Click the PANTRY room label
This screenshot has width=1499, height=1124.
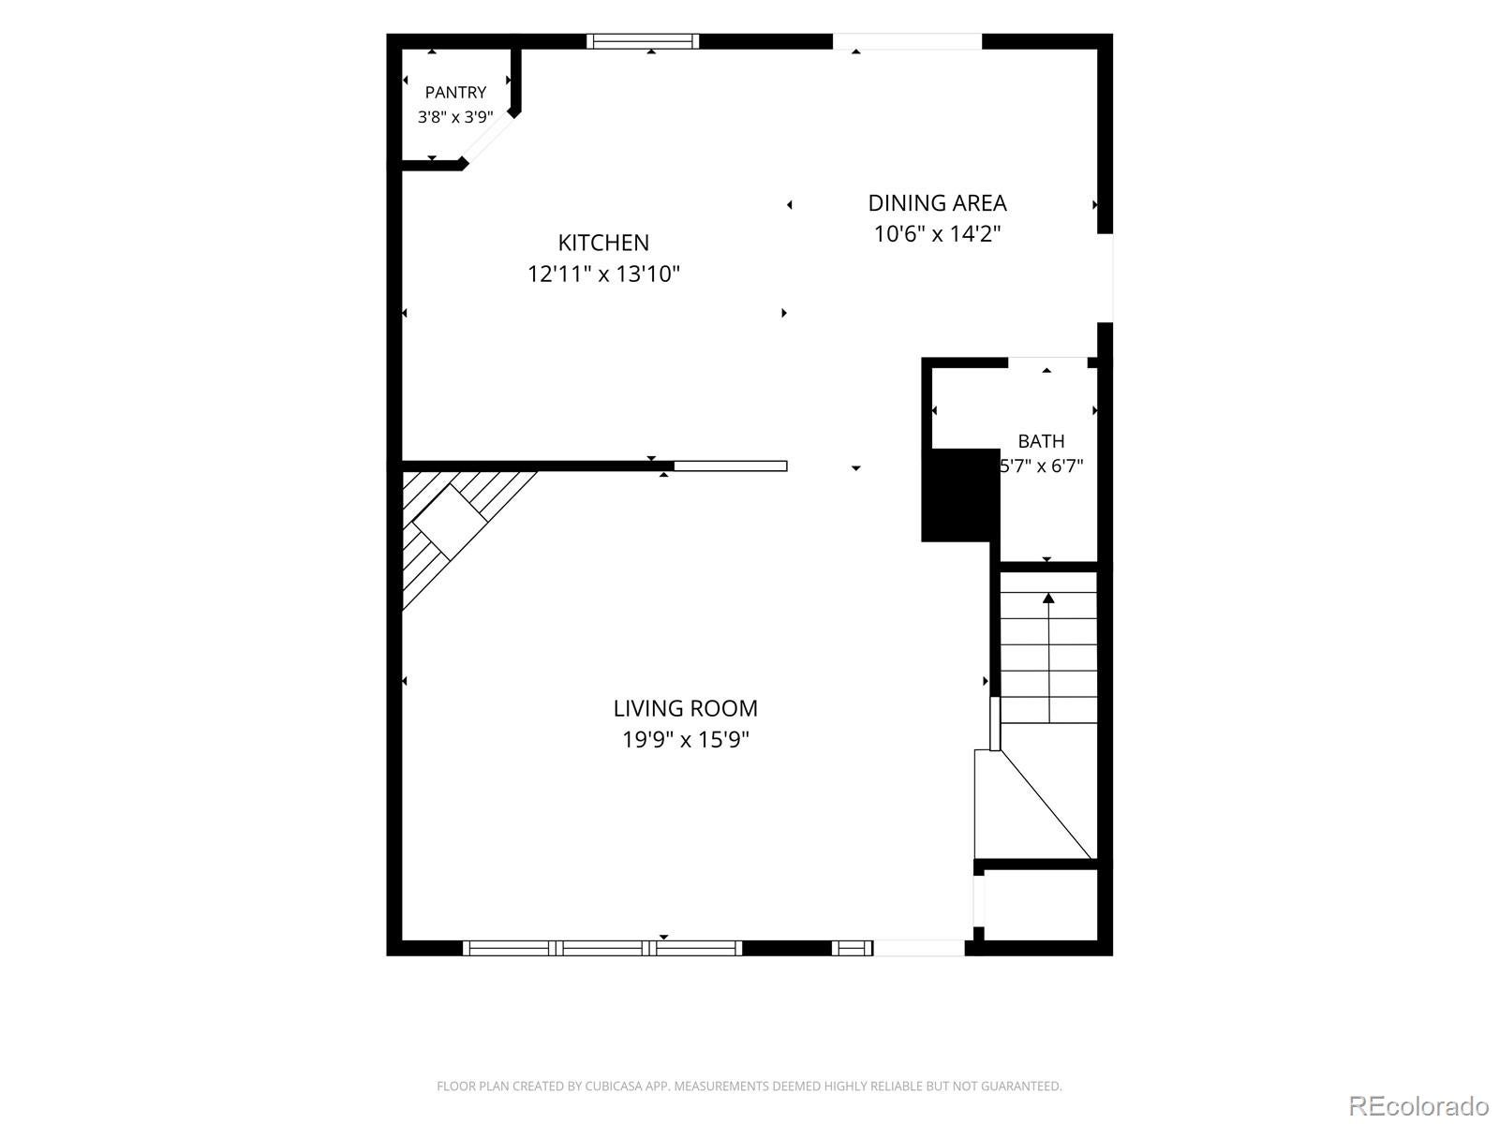455,92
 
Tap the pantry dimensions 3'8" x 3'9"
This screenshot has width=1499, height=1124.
455,117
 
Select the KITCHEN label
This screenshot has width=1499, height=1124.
603,243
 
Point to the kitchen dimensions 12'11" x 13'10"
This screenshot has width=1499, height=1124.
603,274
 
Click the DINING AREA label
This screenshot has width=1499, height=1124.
937,203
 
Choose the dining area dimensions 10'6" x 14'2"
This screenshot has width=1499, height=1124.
937,234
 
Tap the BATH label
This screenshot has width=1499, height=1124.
1041,441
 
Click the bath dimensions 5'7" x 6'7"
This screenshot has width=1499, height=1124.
1042,466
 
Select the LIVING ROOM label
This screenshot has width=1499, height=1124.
685,709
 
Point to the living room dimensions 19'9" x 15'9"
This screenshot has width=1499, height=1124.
685,740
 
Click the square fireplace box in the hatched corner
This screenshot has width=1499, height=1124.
450,522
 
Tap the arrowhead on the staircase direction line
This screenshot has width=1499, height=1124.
1048,599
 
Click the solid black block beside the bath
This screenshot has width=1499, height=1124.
960,495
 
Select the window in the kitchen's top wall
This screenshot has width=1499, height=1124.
643,41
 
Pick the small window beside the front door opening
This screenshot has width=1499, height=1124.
853,948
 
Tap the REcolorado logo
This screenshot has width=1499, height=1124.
1419,1105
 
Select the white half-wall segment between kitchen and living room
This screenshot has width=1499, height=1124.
730,466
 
